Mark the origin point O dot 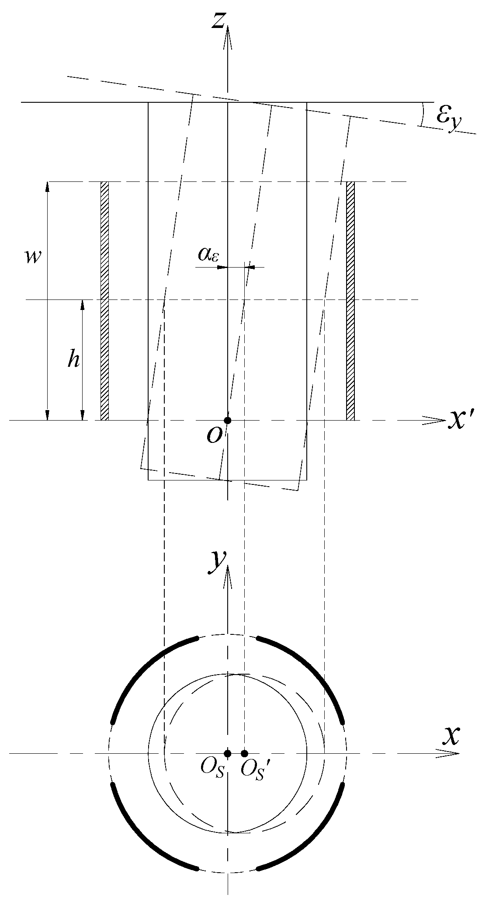pyautogui.click(x=227, y=420)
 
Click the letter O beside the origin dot pyautogui.click(x=215, y=435)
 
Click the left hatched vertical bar pyautogui.click(x=104, y=301)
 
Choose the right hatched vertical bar pyautogui.click(x=350, y=301)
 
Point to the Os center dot pyautogui.click(x=227, y=753)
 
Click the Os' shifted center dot pyautogui.click(x=244, y=753)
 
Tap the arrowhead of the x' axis pyautogui.click(x=439, y=421)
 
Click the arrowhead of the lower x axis pyautogui.click(x=452, y=753)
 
